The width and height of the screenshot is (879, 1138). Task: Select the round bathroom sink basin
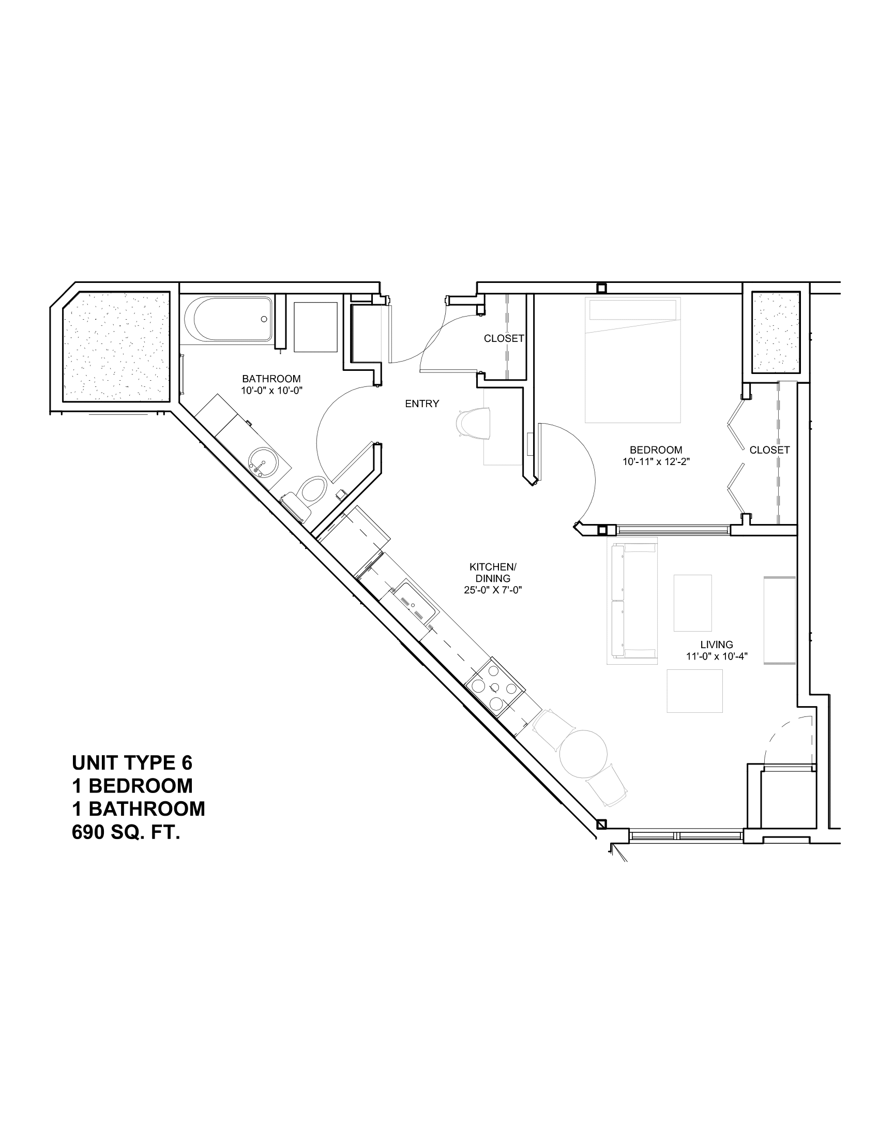tap(262, 460)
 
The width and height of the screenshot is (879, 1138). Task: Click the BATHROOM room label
tap(271, 379)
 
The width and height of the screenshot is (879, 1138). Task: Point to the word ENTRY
tap(422, 403)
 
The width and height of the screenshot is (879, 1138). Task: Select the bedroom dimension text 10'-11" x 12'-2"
tap(656, 461)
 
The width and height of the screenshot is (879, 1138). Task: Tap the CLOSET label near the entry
tap(504, 339)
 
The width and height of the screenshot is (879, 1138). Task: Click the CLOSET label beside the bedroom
tap(769, 450)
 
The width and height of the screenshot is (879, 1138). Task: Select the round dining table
tap(584, 753)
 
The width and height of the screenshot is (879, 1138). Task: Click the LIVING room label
tap(717, 645)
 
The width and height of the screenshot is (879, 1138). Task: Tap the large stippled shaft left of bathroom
tap(116, 347)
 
